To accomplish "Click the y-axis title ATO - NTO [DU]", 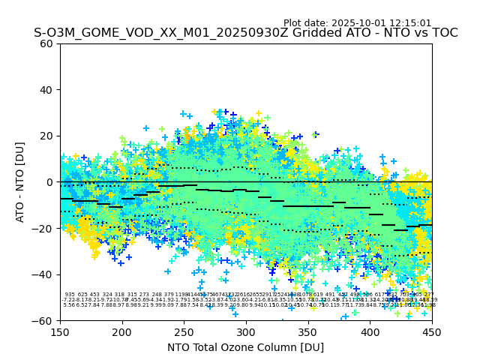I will (20, 181).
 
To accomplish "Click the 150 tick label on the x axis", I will (60, 331).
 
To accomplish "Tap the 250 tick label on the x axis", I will (184, 331).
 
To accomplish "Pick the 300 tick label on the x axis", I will (246, 331).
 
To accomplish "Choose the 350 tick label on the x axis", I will (308, 331).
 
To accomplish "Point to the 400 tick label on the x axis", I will (370, 331).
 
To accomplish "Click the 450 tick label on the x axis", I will (432, 331).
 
